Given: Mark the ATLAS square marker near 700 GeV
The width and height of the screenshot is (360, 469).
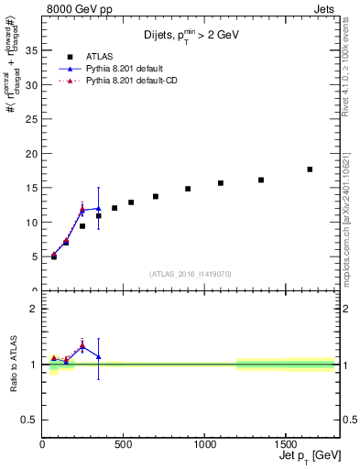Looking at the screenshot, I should click(156, 196).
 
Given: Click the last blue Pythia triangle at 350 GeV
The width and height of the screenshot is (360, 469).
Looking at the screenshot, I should click(99, 208).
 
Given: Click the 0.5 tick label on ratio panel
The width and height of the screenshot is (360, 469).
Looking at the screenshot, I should click(28, 420).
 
